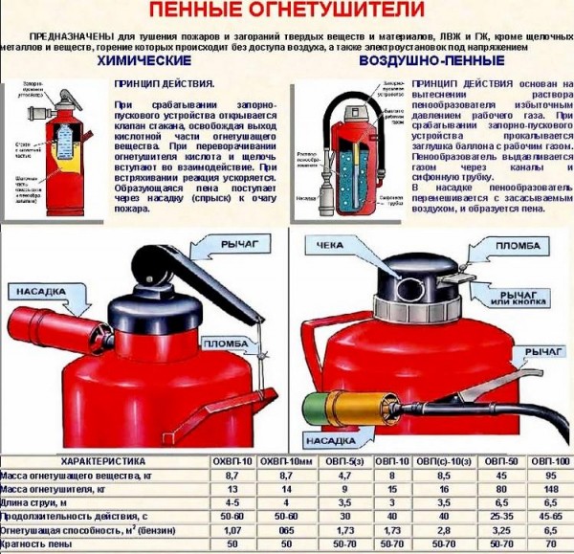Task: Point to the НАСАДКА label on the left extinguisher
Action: click(36, 290)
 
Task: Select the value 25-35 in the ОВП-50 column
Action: click(500, 515)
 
